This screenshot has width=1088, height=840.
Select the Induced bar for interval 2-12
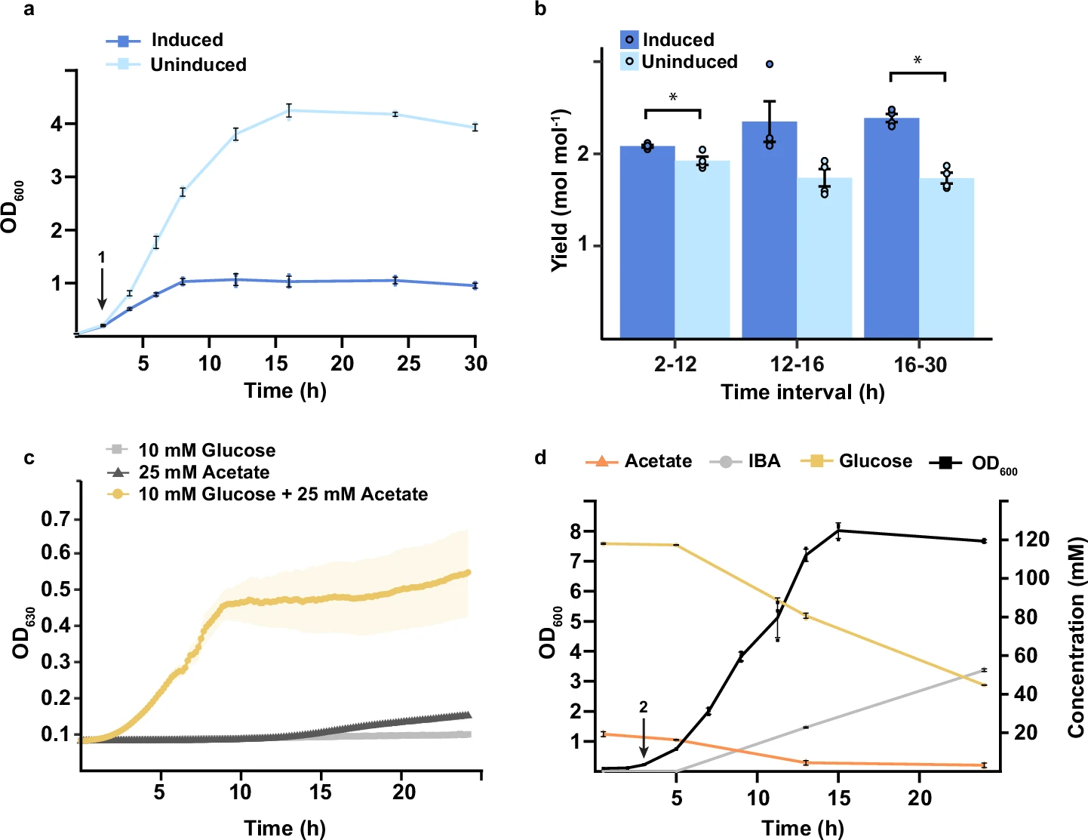pyautogui.click(x=647, y=242)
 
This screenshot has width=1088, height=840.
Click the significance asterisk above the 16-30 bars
pyautogui.click(x=917, y=60)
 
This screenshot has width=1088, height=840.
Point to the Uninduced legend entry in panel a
pyautogui.click(x=198, y=65)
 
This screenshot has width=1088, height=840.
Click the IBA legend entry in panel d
pyautogui.click(x=764, y=461)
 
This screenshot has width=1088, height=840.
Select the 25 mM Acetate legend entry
pyautogui.click(x=204, y=472)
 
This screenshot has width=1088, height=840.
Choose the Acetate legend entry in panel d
pyautogui.click(x=657, y=461)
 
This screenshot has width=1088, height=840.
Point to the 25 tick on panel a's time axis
pyautogui.click(x=408, y=364)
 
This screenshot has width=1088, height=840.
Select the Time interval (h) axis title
pyautogui.click(x=802, y=392)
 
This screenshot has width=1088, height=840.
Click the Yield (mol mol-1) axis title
pyautogui.click(x=560, y=190)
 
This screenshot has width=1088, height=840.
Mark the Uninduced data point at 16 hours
pyautogui.click(x=288, y=111)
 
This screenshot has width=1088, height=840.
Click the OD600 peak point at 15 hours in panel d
pyautogui.click(x=838, y=531)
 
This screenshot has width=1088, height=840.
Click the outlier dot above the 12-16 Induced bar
pyautogui.click(x=770, y=65)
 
